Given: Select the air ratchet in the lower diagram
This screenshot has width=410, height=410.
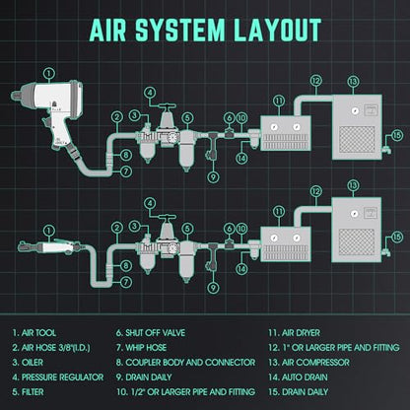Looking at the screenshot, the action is (49, 246).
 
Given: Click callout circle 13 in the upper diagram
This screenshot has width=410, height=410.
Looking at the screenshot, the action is (353, 82).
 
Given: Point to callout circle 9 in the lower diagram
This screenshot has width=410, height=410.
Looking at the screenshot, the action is (213, 288).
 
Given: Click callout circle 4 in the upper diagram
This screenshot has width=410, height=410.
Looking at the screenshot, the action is (150, 93).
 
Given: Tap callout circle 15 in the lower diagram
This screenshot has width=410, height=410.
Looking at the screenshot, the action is (397, 237).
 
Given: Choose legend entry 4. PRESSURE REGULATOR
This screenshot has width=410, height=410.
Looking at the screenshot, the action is (58, 377).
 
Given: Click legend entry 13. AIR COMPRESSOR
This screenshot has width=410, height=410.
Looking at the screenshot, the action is (309, 363).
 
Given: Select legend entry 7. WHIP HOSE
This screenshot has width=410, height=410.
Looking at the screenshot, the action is (142, 348).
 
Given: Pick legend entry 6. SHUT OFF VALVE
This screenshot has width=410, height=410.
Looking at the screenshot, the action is (151, 333).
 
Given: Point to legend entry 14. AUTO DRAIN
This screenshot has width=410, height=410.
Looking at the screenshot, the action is (298, 377).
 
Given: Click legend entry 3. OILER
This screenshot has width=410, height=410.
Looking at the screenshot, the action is (28, 363).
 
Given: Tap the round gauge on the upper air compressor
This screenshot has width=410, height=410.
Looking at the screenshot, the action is (354, 110).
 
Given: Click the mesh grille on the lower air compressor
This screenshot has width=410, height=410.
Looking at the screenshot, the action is (357, 242).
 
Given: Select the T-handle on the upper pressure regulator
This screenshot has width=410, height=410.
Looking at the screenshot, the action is (167, 107).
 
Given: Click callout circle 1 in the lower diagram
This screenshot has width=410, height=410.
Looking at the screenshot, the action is (49, 231).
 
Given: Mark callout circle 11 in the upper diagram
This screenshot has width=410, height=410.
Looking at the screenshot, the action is (279, 101).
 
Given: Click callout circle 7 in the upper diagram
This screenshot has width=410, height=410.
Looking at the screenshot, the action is (126, 171).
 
